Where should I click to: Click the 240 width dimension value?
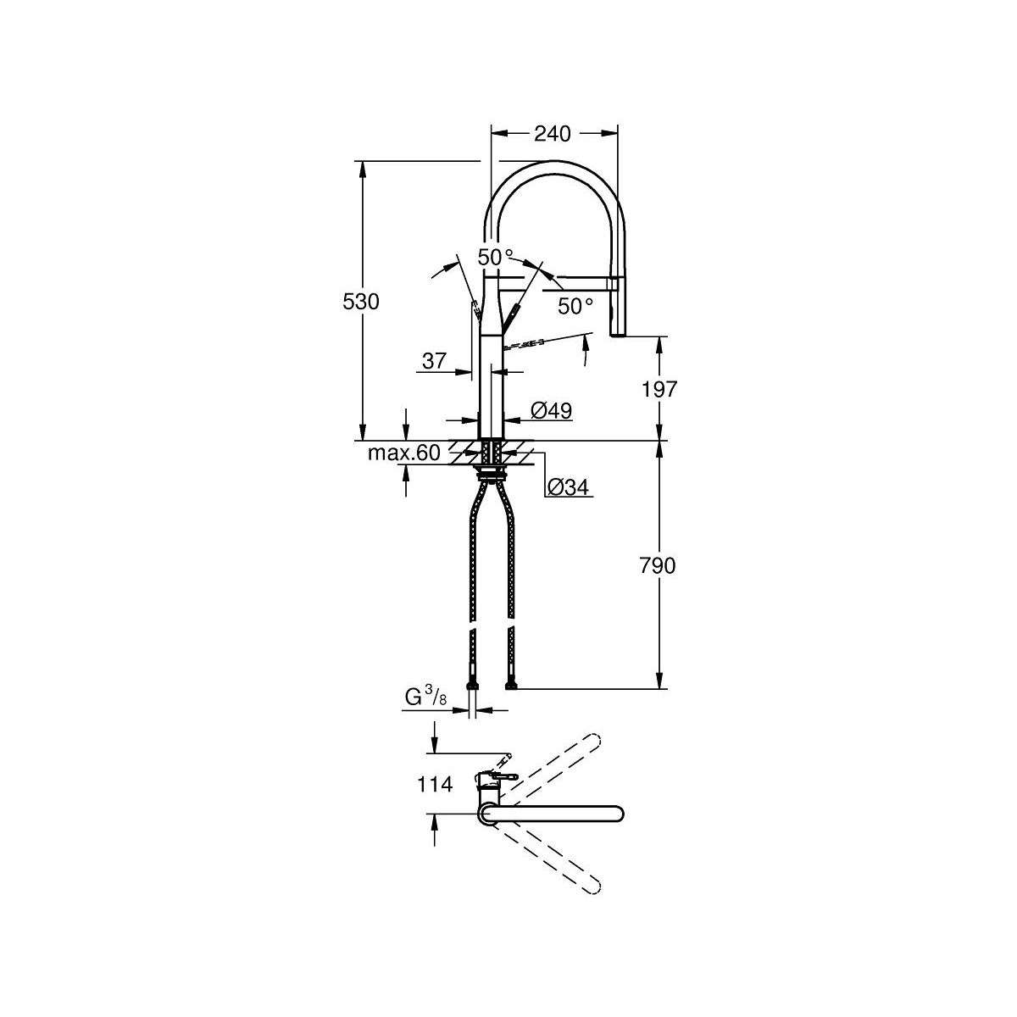552,134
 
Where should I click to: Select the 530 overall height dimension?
361,302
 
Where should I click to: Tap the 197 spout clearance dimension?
659,390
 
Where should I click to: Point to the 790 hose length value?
658,566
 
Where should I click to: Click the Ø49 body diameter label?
552,410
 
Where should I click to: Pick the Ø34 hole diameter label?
568,487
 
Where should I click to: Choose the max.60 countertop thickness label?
403,453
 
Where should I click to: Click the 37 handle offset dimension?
435,361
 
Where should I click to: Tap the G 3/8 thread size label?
426,697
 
